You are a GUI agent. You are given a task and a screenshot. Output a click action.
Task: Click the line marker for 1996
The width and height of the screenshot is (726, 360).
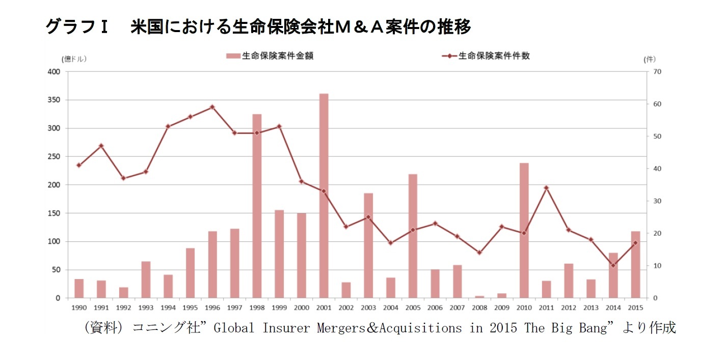(x=212, y=107)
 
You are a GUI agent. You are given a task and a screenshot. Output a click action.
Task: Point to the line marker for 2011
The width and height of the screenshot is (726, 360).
(x=546, y=188)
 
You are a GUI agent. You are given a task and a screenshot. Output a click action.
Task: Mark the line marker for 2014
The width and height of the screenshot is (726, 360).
(x=613, y=265)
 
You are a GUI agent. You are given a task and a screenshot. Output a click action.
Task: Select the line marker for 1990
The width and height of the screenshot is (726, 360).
(x=79, y=165)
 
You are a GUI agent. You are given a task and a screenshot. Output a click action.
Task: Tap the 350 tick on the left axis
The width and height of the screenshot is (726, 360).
(x=55, y=100)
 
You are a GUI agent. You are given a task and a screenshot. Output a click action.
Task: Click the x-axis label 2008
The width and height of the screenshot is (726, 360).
(x=479, y=308)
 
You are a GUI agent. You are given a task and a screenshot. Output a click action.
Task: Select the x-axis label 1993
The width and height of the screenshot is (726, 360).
(x=146, y=308)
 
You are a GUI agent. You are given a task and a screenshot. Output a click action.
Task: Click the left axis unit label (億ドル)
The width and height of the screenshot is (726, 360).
(x=74, y=59)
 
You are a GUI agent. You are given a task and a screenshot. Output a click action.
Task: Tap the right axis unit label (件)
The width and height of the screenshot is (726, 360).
(x=650, y=59)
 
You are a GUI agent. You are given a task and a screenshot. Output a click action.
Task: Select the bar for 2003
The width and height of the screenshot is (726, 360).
(x=368, y=245)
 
